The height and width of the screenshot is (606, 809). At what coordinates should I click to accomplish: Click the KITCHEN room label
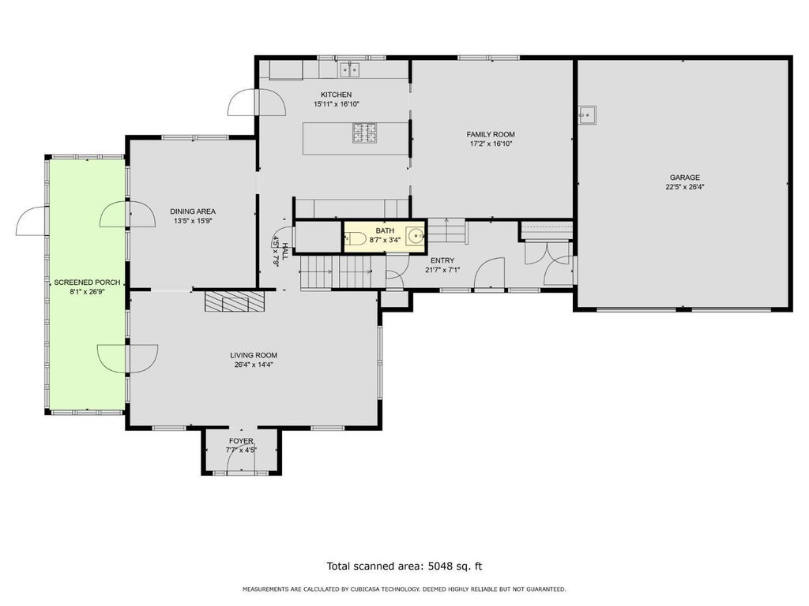pos(336,95)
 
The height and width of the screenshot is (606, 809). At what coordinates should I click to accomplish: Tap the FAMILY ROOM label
pos(491,134)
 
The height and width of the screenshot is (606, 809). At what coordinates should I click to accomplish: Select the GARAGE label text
pos(685,178)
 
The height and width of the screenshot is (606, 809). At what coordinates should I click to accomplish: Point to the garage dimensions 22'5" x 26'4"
pos(685,187)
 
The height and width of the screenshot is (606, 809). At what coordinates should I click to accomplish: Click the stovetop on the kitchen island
pos(364,133)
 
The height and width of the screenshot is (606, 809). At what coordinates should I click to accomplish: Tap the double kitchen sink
pos(350,69)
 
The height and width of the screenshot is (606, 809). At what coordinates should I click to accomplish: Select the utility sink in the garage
pos(587,115)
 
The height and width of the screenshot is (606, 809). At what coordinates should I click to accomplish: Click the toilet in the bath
pos(356,238)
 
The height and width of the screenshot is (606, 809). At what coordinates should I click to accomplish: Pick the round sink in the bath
pos(416,236)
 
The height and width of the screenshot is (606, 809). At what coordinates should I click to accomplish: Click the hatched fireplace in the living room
pos(235,301)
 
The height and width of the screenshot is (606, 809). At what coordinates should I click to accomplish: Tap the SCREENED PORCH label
pos(87,282)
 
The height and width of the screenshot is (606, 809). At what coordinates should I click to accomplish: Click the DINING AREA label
pos(193,211)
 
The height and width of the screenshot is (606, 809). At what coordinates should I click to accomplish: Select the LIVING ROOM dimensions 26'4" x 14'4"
pos(254,365)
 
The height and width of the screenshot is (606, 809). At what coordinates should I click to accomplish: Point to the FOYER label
pos(241,441)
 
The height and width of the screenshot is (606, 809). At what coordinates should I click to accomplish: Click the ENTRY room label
pos(442,260)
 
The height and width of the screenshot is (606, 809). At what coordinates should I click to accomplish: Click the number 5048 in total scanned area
pos(439,567)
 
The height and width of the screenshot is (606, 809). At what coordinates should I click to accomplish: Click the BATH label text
pos(385,231)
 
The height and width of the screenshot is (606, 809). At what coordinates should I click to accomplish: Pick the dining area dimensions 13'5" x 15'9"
pos(193,221)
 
